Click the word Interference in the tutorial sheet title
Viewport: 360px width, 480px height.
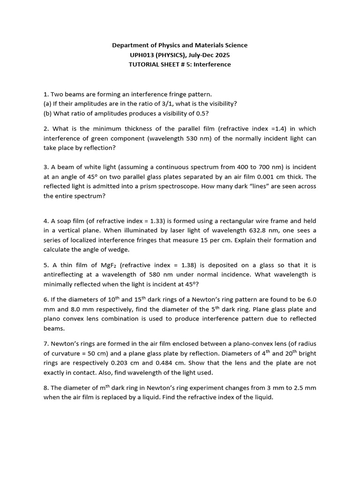point(213,64)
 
